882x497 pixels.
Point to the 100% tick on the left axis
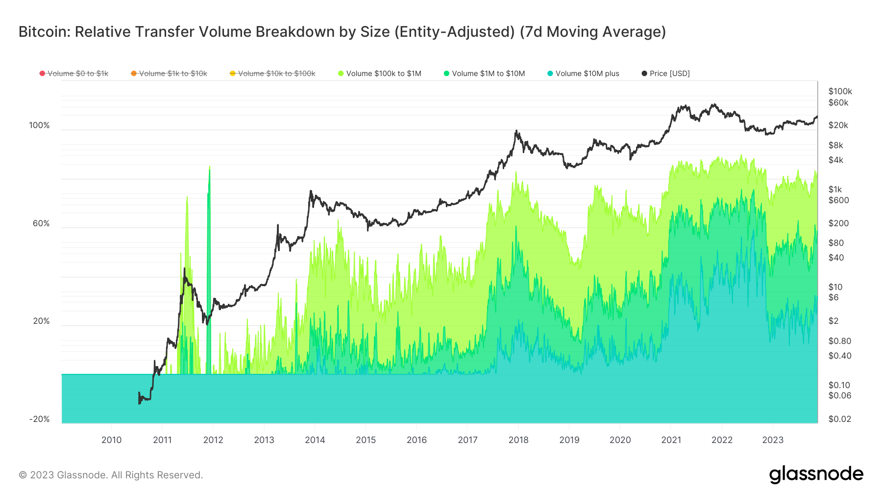[39, 126]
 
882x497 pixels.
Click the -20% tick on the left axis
[39, 419]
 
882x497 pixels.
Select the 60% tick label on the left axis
[41, 224]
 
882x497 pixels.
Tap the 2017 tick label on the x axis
[467, 440]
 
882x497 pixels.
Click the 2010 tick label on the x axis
[111, 440]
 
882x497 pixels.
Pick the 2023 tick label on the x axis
[773, 440]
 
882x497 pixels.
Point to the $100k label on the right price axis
[840, 91]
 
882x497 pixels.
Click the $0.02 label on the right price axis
[839, 419]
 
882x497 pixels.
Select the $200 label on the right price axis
[838, 223]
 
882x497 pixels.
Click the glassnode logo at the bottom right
[816, 474]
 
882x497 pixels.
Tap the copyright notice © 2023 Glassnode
[111, 475]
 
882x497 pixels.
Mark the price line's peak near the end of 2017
[516, 131]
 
